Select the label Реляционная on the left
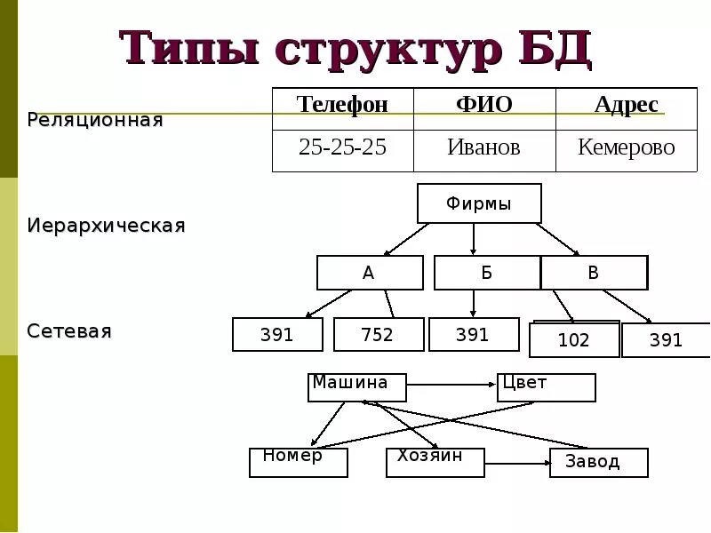tap(95, 120)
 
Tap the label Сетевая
tap(69, 331)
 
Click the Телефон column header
tap(342, 105)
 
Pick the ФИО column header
tap(483, 105)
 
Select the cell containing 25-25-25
tap(342, 147)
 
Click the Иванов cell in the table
tap(483, 147)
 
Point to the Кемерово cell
tap(626, 147)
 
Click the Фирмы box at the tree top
tap(479, 203)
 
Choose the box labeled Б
tap(486, 273)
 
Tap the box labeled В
tap(594, 273)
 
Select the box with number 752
tap(377, 335)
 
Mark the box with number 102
tap(574, 340)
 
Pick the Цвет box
tap(546, 387)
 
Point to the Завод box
tap(598, 462)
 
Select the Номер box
tap(298, 462)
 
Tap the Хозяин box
tap(435, 462)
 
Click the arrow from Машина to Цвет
tap(451, 386)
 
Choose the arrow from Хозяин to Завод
tap(517, 462)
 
